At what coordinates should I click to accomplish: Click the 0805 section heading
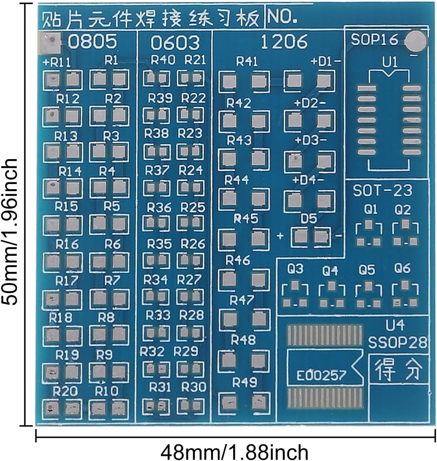tap(93, 41)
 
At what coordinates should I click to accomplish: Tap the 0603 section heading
tap(175, 43)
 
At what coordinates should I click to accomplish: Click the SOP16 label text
tap(374, 40)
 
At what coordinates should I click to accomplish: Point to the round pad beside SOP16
tap(415, 41)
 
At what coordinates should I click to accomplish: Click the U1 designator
tap(390, 62)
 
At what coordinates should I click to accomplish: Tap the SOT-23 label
tap(383, 190)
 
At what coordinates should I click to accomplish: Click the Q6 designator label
tap(403, 268)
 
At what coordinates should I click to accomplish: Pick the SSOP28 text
tap(398, 342)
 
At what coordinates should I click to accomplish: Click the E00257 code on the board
tap(321, 375)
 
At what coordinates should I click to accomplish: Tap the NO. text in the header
tap(282, 16)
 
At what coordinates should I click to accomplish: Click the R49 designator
tap(245, 382)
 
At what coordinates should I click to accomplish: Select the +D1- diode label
tap(326, 62)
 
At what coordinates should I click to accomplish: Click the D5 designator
tap(308, 219)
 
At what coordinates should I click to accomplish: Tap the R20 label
tap(65, 391)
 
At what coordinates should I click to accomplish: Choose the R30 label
tap(193, 387)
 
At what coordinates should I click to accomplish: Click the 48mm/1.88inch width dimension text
tap(234, 452)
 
